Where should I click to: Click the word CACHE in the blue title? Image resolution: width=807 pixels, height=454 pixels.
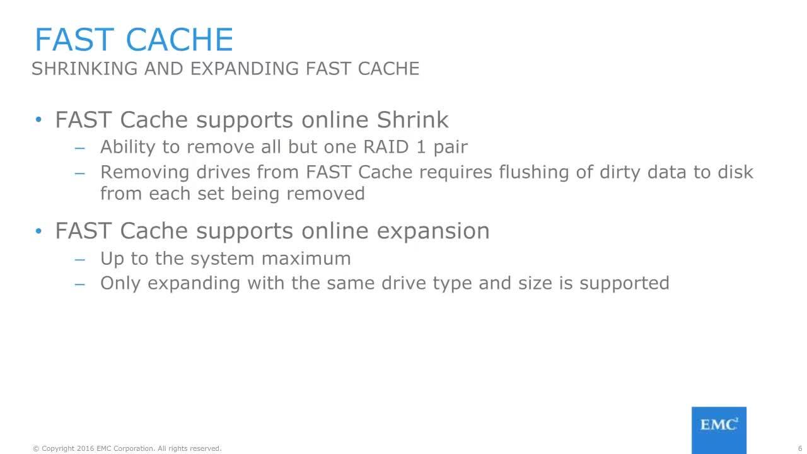[x=180, y=39]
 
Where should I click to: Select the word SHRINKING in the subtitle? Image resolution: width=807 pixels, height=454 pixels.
[x=84, y=69]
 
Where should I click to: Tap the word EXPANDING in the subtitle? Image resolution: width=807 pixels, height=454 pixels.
[x=245, y=69]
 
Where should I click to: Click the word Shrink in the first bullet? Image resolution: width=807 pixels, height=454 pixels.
[x=412, y=119]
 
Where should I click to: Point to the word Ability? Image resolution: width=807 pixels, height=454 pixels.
[x=128, y=148]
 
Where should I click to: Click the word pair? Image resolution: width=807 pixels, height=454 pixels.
[x=451, y=148]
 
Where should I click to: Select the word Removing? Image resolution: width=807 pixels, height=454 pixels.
[x=145, y=173]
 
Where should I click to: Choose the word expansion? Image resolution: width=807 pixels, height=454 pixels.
[x=433, y=231]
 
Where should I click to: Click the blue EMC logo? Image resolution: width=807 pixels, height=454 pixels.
[x=719, y=430]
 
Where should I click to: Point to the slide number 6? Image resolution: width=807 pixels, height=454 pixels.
[x=799, y=448]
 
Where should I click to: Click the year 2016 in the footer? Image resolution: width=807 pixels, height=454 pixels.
[x=85, y=448]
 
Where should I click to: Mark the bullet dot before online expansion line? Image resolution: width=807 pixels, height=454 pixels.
[x=38, y=231]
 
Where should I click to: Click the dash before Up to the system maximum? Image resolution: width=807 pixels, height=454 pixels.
[x=79, y=259]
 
